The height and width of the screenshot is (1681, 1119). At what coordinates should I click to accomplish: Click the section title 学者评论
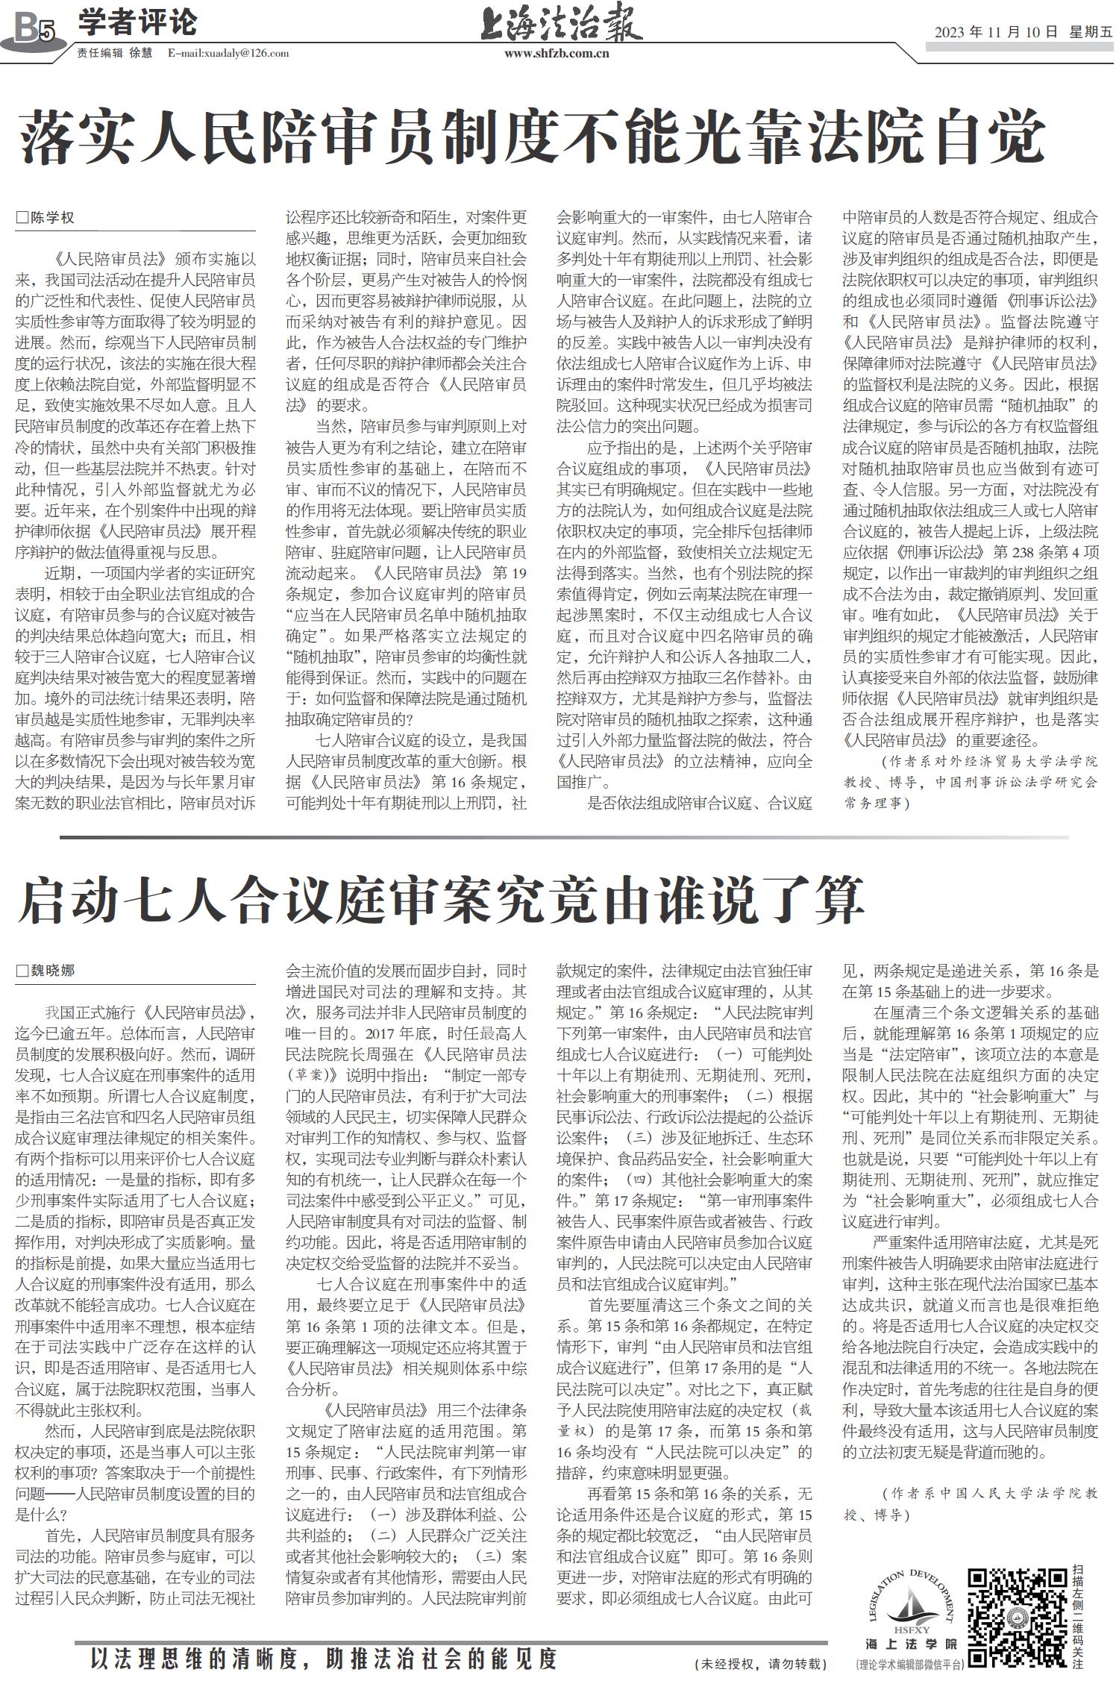point(137,22)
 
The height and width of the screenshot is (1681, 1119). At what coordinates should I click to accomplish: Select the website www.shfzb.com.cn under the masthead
point(557,54)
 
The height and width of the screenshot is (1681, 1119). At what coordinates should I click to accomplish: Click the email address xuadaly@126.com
point(228,53)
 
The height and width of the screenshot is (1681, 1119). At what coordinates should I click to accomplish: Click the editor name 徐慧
point(140,53)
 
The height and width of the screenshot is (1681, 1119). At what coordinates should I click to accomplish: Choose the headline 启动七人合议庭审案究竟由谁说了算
point(440,901)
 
